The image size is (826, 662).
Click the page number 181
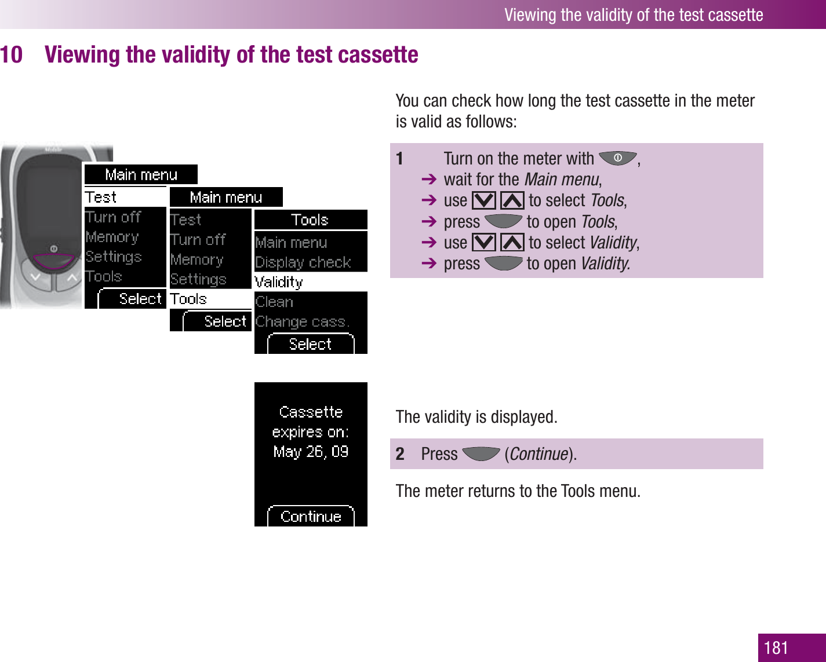click(x=776, y=648)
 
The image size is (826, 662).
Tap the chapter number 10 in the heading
click(x=12, y=54)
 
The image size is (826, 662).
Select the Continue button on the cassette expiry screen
click(x=311, y=516)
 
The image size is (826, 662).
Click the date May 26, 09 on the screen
click(x=311, y=451)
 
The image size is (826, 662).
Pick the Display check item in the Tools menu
click(x=303, y=262)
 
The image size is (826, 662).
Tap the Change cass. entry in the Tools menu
click(x=303, y=321)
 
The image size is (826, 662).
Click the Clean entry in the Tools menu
click(x=274, y=302)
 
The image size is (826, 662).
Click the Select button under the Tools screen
click(x=311, y=343)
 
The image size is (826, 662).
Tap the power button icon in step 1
click(x=617, y=158)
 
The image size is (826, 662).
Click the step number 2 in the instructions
click(x=400, y=453)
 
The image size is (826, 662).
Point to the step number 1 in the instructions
click(x=399, y=158)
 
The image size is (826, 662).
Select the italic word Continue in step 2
click(x=539, y=453)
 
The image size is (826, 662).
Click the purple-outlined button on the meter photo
click(x=54, y=261)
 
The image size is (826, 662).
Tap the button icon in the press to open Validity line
click(x=503, y=264)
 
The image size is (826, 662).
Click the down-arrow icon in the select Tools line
click(x=483, y=200)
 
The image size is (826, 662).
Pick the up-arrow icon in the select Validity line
click(x=512, y=242)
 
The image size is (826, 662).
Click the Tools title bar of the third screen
click(x=311, y=220)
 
